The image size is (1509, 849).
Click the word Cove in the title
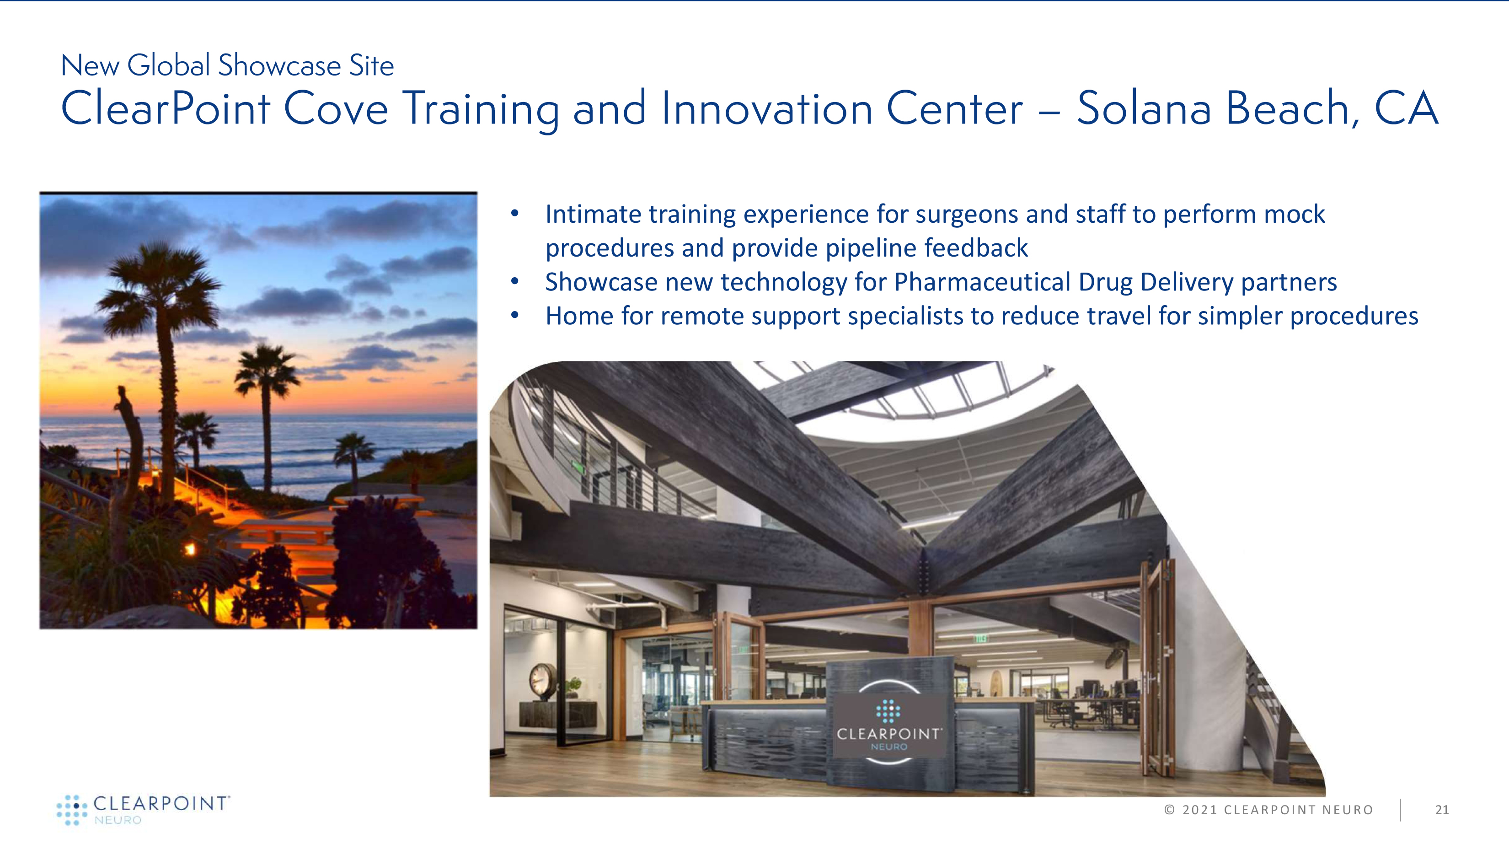pyautogui.click(x=336, y=108)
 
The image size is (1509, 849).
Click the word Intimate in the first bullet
pyautogui.click(x=593, y=214)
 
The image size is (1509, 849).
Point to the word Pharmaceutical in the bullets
pyautogui.click(x=982, y=282)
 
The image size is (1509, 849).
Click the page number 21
pyautogui.click(x=1442, y=810)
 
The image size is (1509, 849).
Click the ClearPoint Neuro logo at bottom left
pyautogui.click(x=144, y=810)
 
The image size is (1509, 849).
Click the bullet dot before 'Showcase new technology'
pyautogui.click(x=515, y=282)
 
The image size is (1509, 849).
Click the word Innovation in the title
pyautogui.click(x=767, y=108)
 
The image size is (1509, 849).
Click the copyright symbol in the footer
pyautogui.click(x=1170, y=810)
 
